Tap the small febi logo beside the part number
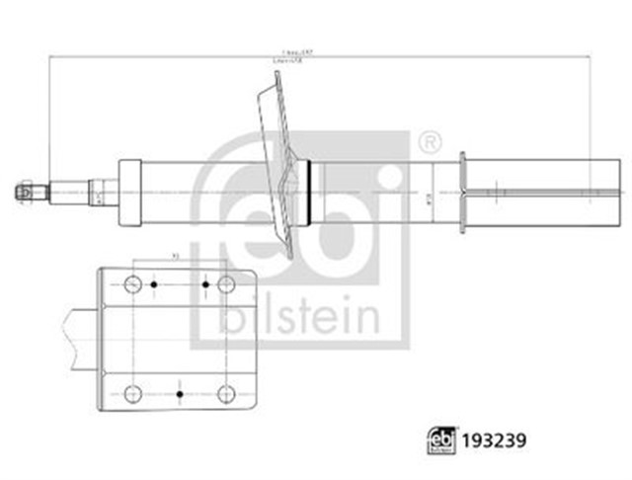pos(440,439)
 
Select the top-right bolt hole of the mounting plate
pos(226,284)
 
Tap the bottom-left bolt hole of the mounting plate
pos(133,394)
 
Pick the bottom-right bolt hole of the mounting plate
pos(226,394)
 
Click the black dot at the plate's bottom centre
pos(179,394)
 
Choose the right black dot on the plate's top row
pos(205,284)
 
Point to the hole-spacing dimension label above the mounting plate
pos(178,259)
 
